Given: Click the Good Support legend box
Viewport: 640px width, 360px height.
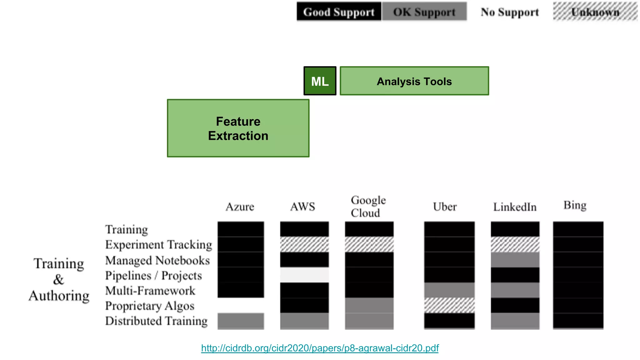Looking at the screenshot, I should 339,12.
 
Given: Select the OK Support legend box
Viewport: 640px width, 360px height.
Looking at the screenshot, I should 424,12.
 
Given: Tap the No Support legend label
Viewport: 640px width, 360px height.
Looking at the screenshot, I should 510,12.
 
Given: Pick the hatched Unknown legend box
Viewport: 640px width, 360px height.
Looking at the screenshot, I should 595,12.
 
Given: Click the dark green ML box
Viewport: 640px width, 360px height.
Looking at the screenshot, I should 320,81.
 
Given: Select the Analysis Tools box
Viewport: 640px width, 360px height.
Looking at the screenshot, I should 414,81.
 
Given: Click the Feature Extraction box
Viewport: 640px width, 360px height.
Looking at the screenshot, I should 238,128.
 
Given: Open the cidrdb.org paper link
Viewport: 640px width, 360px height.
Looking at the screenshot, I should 320,348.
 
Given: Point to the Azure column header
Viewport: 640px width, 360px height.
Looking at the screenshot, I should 240,207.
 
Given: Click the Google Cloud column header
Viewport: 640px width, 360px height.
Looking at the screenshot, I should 368,206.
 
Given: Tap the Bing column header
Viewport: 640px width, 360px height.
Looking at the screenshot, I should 575,205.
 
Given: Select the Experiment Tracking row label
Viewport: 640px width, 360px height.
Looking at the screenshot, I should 158,245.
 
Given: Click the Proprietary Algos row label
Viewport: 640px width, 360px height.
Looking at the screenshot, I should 150,306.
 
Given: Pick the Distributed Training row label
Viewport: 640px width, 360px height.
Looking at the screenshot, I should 156,321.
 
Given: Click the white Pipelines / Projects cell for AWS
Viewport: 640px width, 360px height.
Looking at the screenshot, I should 304,275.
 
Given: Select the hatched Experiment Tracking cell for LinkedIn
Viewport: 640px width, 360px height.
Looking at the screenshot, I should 515,244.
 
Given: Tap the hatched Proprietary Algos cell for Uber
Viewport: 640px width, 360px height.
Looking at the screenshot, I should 449,305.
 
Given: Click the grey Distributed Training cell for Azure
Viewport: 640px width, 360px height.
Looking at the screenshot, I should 241,321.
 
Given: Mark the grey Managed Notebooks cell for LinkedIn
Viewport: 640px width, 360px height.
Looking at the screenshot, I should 515,260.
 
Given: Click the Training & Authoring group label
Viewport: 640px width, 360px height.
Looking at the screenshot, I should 59,279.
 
